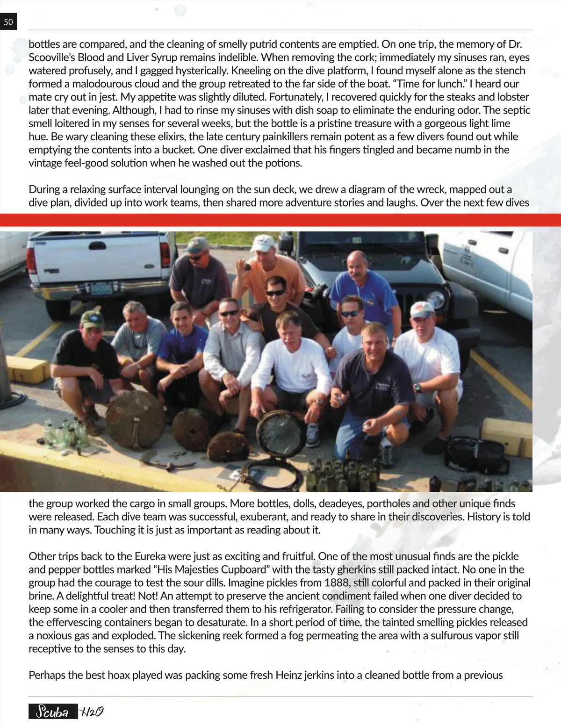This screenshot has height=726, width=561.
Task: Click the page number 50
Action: pos(8,22)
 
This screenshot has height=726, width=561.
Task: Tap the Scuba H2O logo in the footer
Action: pos(66,712)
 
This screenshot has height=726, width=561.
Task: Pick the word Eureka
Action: pos(150,556)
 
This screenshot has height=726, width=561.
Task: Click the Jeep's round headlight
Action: pos(436,299)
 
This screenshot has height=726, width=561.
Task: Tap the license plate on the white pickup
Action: pos(101,288)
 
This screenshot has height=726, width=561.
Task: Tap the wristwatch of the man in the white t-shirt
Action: pos(417,388)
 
